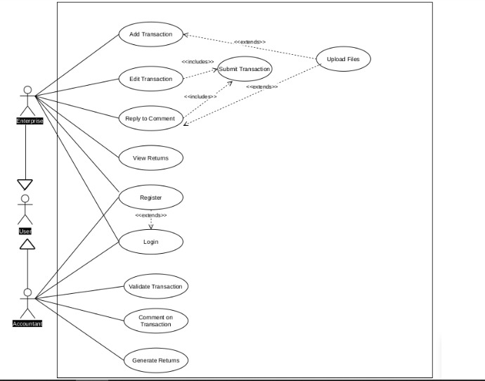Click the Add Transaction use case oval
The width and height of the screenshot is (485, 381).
point(150,34)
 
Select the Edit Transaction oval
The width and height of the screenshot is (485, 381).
point(150,79)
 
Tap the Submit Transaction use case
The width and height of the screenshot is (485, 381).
point(244,69)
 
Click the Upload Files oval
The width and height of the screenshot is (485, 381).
point(343,60)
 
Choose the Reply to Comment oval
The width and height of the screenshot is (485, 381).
point(150,118)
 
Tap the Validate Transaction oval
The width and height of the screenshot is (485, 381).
point(155,286)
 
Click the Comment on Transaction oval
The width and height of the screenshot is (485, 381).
point(155,321)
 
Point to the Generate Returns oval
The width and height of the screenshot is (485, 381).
point(155,361)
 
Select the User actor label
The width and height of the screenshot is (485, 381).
point(25,231)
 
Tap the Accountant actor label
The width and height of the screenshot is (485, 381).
point(27,323)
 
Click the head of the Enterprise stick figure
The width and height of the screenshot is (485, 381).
point(27,90)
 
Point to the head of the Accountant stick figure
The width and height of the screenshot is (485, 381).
point(27,292)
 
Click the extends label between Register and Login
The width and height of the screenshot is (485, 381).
point(150,215)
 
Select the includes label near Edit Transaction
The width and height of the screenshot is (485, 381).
point(198,62)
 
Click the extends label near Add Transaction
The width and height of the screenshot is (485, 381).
point(250,42)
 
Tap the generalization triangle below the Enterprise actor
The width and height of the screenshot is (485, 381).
point(25,185)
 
